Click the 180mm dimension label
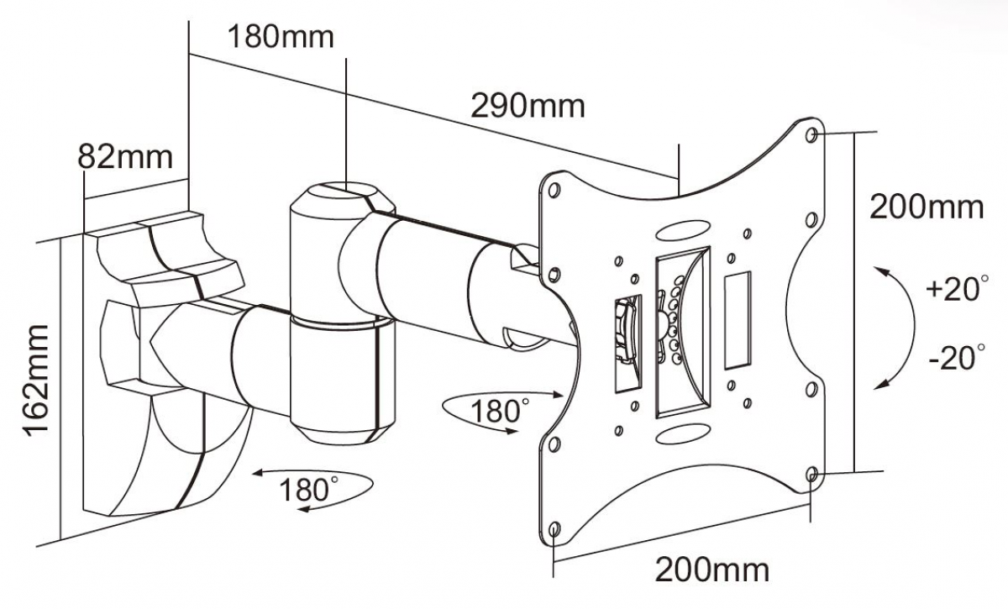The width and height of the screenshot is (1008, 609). [281, 36]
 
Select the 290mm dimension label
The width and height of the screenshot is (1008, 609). [528, 106]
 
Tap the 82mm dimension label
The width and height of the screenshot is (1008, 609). [125, 156]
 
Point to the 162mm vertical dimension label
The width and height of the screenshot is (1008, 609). [35, 381]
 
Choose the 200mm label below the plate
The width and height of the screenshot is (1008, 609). [712, 570]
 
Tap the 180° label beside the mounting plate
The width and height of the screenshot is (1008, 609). [500, 411]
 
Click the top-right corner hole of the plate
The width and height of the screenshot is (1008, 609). [811, 134]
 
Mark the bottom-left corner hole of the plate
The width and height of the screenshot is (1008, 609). [554, 529]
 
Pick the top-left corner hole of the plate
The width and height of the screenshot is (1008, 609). [554, 191]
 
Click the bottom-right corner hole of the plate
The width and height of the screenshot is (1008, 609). [811, 474]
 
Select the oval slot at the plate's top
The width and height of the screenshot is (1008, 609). [683, 230]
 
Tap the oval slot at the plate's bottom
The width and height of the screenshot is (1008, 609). [683, 433]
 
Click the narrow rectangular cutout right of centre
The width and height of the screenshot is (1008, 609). [738, 320]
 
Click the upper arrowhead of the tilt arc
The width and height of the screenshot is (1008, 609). [881, 271]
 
